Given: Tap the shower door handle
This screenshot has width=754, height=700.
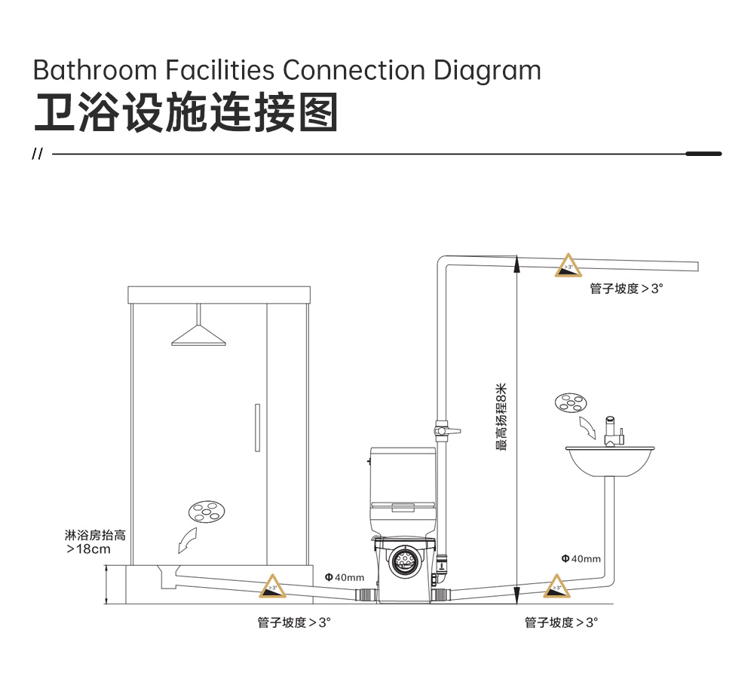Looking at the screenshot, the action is (x=257, y=427).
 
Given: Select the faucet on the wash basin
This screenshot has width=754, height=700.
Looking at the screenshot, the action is (x=612, y=431).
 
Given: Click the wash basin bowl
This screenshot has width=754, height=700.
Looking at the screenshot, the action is (x=610, y=461).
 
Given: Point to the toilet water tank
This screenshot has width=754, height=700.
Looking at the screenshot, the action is (x=403, y=475).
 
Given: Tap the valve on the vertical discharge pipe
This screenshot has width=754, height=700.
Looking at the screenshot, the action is (x=446, y=431).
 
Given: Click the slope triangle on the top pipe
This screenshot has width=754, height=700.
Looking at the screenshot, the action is (x=569, y=265).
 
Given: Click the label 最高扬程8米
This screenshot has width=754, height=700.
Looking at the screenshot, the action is (x=501, y=417).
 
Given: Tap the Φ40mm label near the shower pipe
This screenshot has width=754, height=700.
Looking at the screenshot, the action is (x=345, y=577).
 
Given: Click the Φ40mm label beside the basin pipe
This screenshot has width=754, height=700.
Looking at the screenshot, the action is (x=581, y=558).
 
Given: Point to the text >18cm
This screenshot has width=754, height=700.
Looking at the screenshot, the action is (x=88, y=549).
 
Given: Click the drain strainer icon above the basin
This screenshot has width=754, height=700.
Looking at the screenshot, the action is (x=571, y=403).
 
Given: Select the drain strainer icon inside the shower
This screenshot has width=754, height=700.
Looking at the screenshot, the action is (x=207, y=512).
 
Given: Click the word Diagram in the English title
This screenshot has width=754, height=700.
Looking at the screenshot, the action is (x=487, y=70).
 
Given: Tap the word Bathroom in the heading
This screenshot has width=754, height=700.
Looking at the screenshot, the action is (x=95, y=70).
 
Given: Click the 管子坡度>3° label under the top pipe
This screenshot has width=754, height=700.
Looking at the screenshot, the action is (x=627, y=289).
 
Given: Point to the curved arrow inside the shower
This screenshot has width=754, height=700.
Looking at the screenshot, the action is (x=187, y=540).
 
